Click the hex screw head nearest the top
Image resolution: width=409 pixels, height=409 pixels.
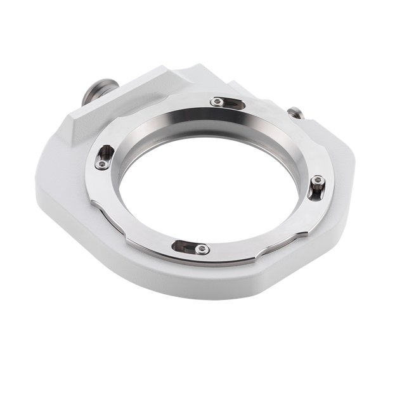[x=217, y=101]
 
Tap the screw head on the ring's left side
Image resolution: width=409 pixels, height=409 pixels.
[x=101, y=165]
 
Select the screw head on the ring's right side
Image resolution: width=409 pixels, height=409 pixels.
[x=318, y=181]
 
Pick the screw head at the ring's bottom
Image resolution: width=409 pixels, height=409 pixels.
[x=202, y=249]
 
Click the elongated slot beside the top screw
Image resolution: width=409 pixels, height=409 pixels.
[x=233, y=104]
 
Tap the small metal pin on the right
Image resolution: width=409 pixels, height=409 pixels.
[x=294, y=114]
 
